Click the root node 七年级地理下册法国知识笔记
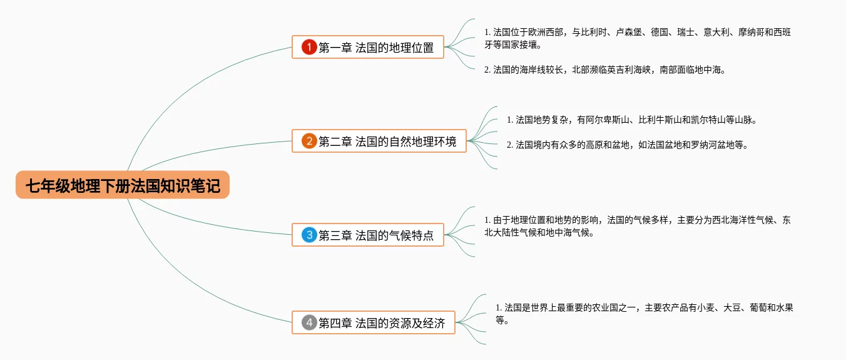pyautogui.click(x=123, y=185)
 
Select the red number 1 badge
pyautogui.click(x=308, y=47)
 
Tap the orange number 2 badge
pyautogui.click(x=308, y=141)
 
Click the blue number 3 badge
pyautogui.click(x=308, y=235)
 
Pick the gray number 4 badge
pyautogui.click(x=308, y=323)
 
